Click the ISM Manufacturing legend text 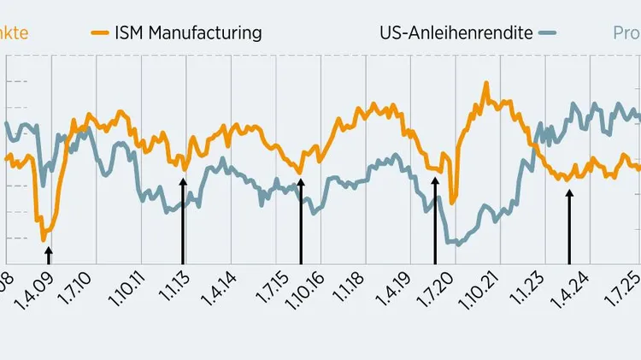coord(188,33)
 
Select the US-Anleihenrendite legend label coord(456,33)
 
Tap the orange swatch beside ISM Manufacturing coord(100,33)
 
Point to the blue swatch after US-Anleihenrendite coord(547,33)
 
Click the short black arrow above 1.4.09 coord(49,255)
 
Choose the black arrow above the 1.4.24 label coord(569,227)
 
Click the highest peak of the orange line coord(485,83)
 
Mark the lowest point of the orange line coord(44,239)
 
